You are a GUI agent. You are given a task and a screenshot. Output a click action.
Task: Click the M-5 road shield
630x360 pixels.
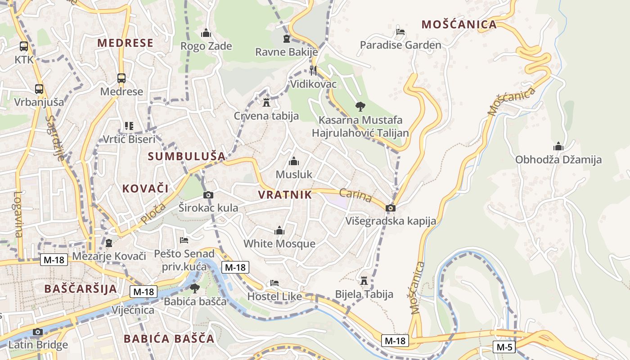coord(504,347)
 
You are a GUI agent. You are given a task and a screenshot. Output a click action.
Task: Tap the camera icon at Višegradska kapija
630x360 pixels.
coord(391,208)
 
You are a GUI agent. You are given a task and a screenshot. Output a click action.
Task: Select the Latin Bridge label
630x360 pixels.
coord(38,345)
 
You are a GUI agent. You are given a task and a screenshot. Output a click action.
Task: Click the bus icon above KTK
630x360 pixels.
coord(24,46)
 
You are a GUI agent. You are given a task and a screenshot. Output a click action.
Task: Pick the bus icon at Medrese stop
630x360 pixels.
coord(121,78)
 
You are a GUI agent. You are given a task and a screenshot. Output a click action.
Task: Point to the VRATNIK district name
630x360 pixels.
coord(285,195)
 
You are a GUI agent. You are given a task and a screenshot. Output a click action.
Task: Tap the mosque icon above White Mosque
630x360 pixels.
coord(279,231)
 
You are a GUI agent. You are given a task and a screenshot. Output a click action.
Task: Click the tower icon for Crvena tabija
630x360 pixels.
coord(266,103)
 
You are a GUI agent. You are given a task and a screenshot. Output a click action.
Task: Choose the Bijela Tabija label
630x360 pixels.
coord(364,294)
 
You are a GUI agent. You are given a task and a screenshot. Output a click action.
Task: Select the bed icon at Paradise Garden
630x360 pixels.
coord(400,32)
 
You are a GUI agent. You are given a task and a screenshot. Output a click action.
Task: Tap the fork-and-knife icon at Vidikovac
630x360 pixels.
coord(313,70)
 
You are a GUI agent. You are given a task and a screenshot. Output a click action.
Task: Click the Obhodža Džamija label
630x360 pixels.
coord(558,160)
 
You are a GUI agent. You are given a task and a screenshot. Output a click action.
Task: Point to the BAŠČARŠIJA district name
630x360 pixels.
coord(81,288)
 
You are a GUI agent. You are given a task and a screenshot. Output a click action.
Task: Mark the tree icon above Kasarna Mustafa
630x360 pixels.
coord(360,107)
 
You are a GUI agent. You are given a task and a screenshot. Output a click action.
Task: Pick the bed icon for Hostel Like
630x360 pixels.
coord(274,283)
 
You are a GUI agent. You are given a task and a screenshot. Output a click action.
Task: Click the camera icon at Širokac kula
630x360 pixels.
coord(208,195)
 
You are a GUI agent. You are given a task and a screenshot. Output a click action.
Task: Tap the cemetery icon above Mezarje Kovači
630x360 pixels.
coord(108,243)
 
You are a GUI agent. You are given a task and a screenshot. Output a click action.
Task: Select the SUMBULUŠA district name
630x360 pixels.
coord(186,157)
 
